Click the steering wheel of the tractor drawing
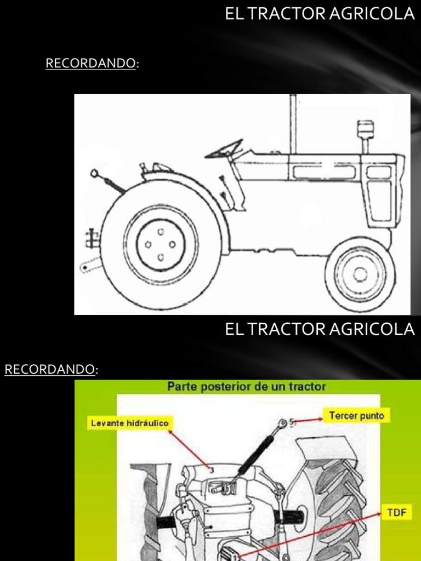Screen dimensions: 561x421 pyautogui.click(x=225, y=150)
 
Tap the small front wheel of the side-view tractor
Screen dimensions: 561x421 pyautogui.click(x=360, y=273)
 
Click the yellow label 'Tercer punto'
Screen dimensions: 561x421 pyautogui.click(x=356, y=415)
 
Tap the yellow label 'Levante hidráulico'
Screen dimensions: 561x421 pyautogui.click(x=130, y=423)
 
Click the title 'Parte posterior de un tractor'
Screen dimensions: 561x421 pyautogui.click(x=247, y=387)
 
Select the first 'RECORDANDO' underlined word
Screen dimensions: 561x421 pyautogui.click(x=90, y=64)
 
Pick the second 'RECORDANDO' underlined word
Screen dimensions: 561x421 pyautogui.click(x=50, y=370)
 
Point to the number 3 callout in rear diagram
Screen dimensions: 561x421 pyautogui.click(x=210, y=469)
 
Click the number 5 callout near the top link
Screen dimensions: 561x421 pyautogui.click(x=292, y=421)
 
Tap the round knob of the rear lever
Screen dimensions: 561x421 pyautogui.click(x=94, y=174)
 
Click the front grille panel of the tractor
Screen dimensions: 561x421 pyautogui.click(x=380, y=200)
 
